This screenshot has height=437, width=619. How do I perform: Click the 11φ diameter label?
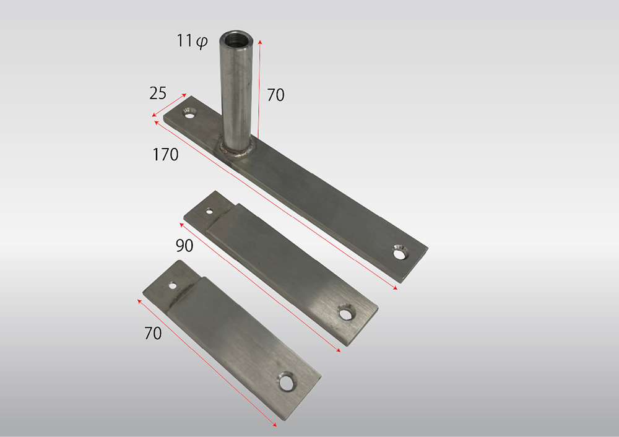coord(192,41)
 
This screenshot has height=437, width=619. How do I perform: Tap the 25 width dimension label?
coord(158,93)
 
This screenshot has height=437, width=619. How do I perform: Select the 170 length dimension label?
coord(165,154)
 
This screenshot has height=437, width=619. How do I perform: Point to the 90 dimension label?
coord(184,246)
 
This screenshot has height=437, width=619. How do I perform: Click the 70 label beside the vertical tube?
coord(275,95)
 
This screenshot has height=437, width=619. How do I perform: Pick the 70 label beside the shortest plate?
coord(153,333)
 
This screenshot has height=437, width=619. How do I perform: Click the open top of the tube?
coord(236,39)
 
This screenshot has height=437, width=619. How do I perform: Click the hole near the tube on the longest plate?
coord(190,114)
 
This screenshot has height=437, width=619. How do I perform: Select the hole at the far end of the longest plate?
coord(400,253)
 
